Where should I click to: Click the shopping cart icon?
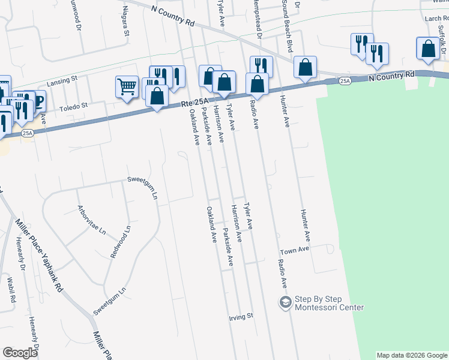tap(127, 86)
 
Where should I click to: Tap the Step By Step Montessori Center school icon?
tap(285, 302)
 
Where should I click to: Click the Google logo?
tap(20, 353)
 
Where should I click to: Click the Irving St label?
tap(242, 316)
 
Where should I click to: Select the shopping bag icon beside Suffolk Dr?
tap(428, 50)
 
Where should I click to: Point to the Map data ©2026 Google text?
tap(412, 355)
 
